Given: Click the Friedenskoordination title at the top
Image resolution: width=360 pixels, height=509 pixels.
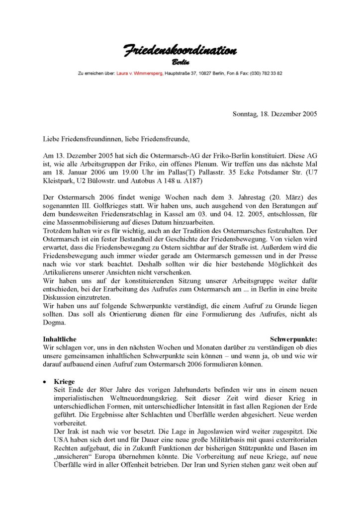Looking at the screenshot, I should point(180,51).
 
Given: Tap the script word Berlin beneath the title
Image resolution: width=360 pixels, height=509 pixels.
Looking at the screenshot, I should point(180,62).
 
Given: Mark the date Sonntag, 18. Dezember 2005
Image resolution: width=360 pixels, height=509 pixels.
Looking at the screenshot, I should point(274,114).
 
